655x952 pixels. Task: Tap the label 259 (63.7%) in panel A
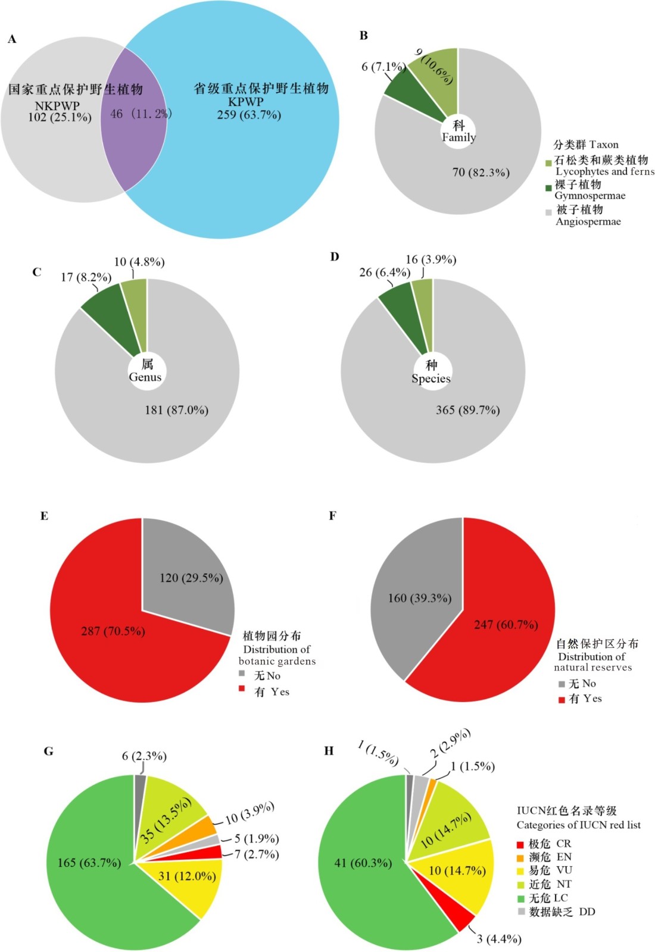pyautogui.click(x=248, y=115)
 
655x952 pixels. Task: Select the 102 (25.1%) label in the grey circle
pyautogui.click(x=60, y=117)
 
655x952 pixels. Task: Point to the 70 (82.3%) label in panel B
pyautogui.click(x=481, y=173)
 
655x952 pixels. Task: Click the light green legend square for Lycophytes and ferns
pyautogui.click(x=548, y=162)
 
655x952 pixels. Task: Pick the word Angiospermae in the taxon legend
pyautogui.click(x=588, y=222)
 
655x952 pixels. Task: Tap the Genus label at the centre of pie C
pyautogui.click(x=145, y=377)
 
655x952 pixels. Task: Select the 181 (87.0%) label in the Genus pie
pyautogui.click(x=176, y=410)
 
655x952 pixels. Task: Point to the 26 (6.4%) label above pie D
pyautogui.click(x=384, y=273)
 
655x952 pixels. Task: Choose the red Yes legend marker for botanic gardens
pyautogui.click(x=242, y=688)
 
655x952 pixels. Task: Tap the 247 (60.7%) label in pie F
pyautogui.click(x=506, y=624)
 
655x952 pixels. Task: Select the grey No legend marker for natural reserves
pyautogui.click(x=561, y=684)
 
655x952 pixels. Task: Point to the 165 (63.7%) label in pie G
pyautogui.click(x=89, y=863)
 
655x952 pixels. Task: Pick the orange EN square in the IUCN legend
pyautogui.click(x=520, y=857)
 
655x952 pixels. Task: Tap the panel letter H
pyautogui.click(x=329, y=751)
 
